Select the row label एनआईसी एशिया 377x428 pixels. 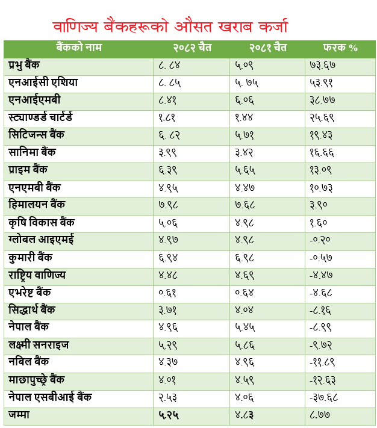(43, 82)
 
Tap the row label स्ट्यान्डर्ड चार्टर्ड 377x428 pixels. (48, 117)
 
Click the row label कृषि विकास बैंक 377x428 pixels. (42, 223)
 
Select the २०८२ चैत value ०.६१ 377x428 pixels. (170, 293)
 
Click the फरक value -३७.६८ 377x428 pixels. (325, 398)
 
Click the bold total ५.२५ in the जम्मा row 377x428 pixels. (170, 415)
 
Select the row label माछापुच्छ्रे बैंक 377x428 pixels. (45, 380)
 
